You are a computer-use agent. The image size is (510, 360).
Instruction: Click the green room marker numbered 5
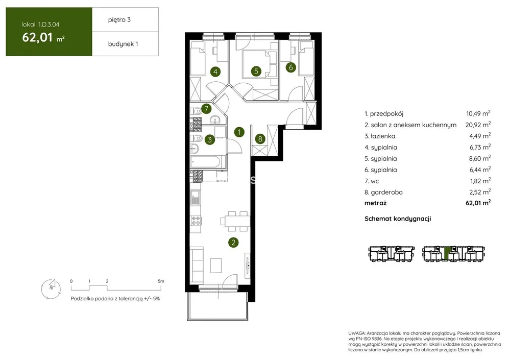point(256,71)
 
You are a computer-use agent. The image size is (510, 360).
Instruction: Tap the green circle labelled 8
point(260,139)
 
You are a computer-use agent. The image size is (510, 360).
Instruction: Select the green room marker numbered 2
point(233,242)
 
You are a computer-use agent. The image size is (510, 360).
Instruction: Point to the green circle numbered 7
point(206,109)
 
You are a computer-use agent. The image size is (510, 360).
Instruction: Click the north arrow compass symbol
point(51,289)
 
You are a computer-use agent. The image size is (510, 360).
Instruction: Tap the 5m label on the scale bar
point(161,281)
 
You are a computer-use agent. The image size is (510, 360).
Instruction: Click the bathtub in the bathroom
point(207,162)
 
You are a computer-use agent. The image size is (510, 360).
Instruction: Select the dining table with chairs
point(235,221)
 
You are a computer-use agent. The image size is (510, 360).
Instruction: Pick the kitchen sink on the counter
point(195,198)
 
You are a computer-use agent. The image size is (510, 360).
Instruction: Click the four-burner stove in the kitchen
point(196,221)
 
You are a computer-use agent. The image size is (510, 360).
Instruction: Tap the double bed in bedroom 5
point(259,65)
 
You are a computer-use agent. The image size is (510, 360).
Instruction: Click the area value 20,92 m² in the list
point(478,125)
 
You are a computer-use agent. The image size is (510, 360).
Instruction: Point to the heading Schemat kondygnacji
point(398,219)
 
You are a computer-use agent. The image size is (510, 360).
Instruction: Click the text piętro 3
point(119,20)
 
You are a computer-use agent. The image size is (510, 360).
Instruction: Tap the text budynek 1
point(123,44)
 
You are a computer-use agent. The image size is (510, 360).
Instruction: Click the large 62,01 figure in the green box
point(37,37)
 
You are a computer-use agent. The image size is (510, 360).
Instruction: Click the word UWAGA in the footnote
point(356,333)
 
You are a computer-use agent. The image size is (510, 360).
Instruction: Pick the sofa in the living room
point(197,265)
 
